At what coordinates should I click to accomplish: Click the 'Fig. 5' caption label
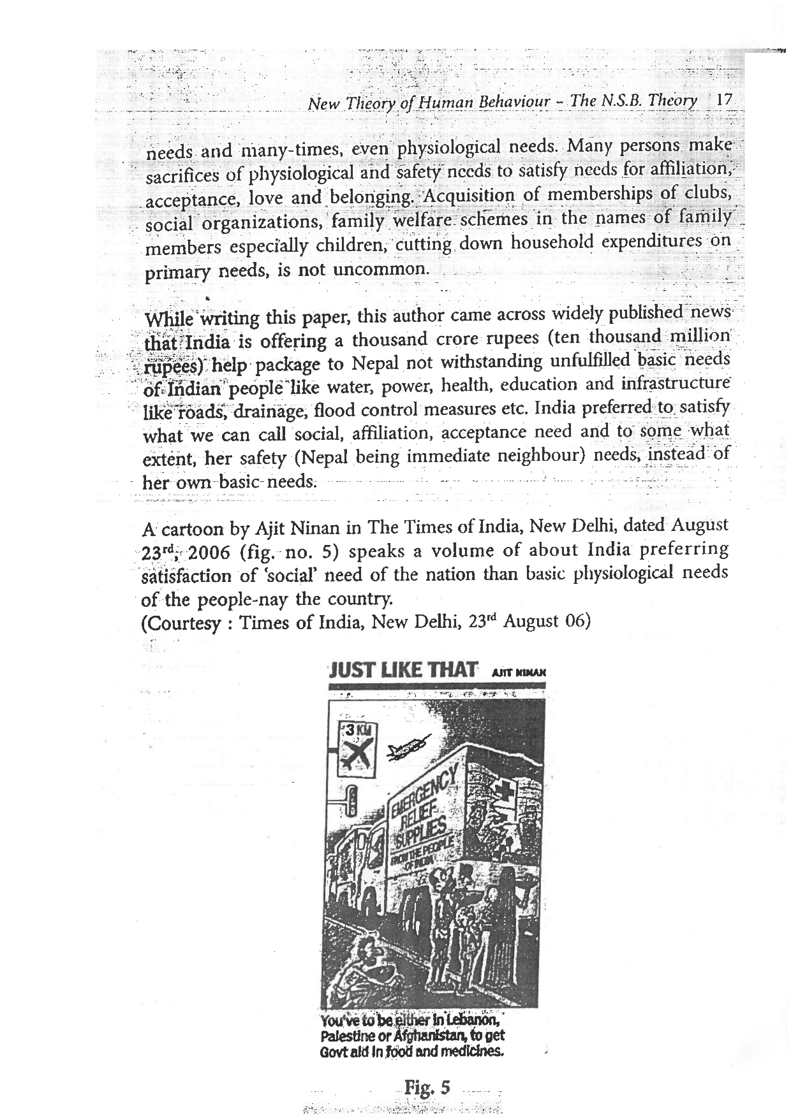click(x=427, y=1087)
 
